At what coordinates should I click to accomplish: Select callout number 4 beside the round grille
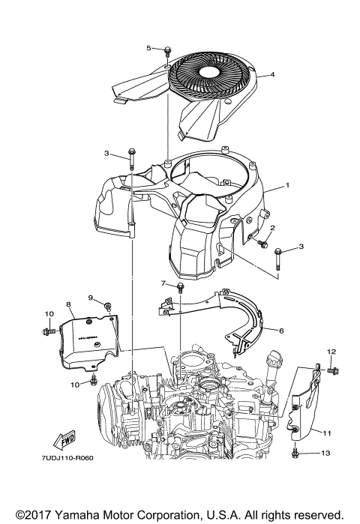(273, 74)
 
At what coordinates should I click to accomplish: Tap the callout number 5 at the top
(148, 48)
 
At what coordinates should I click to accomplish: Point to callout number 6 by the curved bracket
(281, 330)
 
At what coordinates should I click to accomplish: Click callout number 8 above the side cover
(67, 305)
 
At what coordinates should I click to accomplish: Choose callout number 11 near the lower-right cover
(327, 433)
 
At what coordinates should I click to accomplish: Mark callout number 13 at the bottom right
(325, 454)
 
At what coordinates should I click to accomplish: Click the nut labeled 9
(108, 304)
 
